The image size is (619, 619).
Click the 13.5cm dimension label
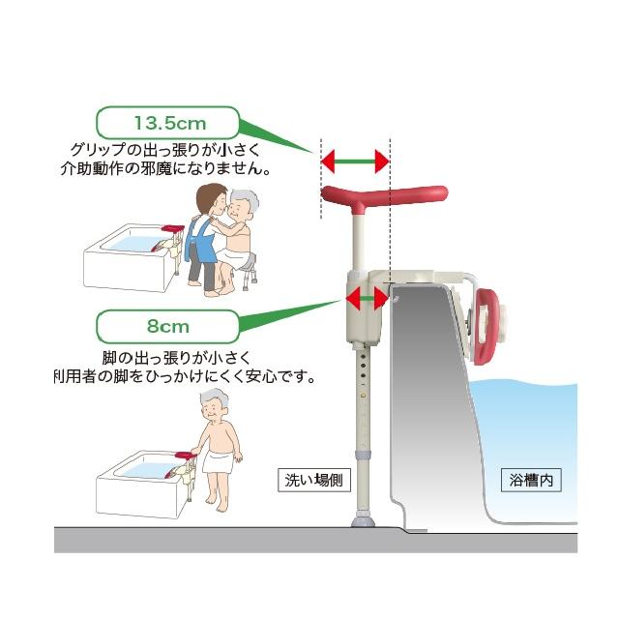coord(170,124)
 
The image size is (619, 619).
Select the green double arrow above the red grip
coord(354,162)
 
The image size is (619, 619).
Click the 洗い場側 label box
coord(309,479)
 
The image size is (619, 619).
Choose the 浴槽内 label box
coord(532,479)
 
